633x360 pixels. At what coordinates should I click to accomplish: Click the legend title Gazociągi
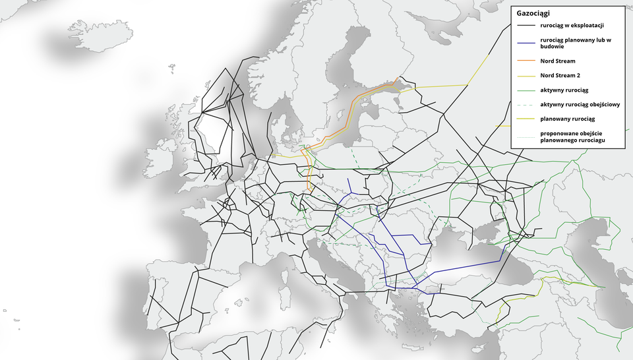pos(534,13)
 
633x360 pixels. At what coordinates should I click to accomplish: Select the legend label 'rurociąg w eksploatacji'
pos(572,26)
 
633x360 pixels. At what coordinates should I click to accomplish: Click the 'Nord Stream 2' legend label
pos(560,75)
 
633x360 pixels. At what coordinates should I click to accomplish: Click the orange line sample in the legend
pos(526,61)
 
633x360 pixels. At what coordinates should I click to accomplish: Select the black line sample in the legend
pos(526,26)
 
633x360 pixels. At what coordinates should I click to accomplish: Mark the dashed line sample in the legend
pos(526,104)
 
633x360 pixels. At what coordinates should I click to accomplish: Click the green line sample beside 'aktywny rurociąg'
pos(526,90)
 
